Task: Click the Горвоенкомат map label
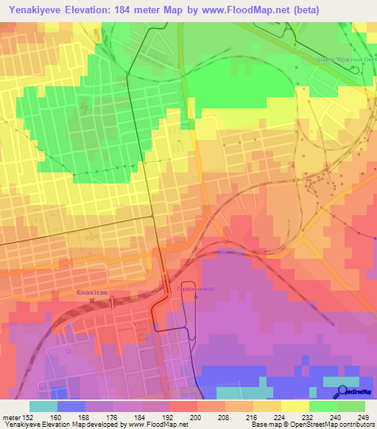pos(196,289)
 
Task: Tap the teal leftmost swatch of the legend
pos(43,406)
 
